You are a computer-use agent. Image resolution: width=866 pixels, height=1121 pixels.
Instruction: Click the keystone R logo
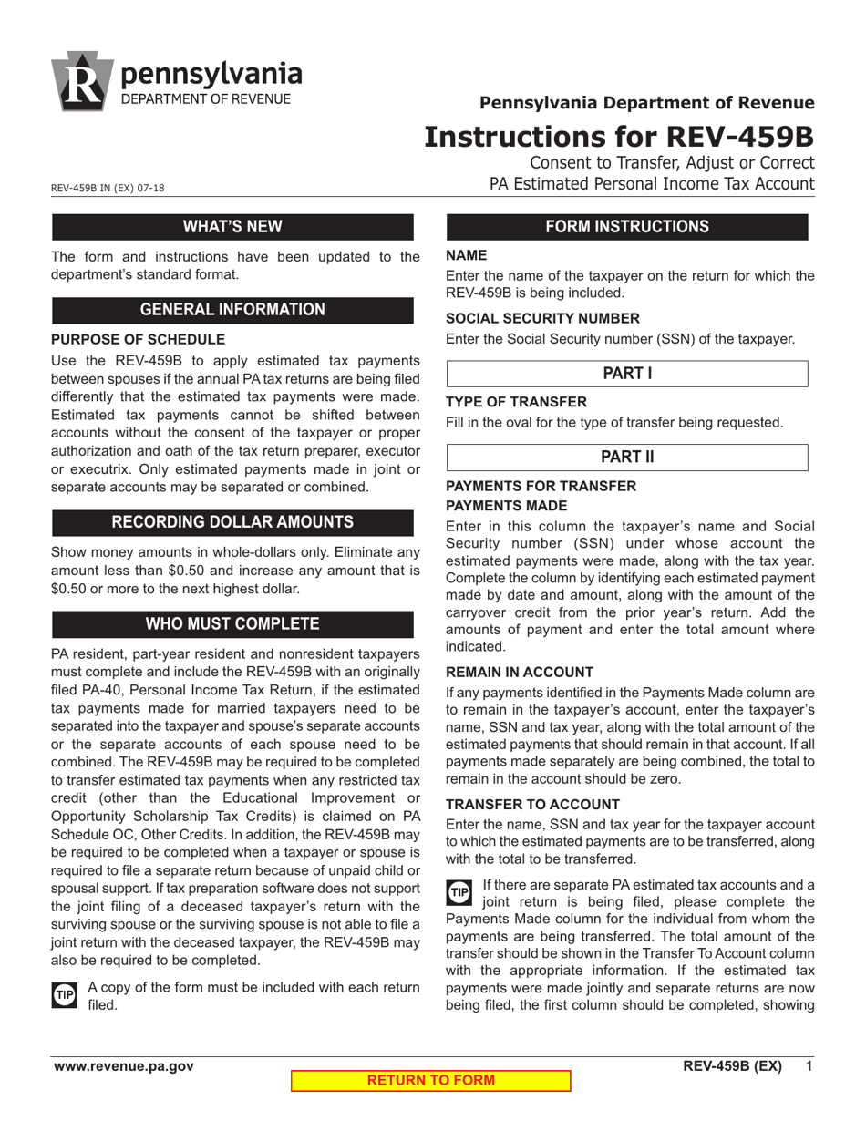click(83, 81)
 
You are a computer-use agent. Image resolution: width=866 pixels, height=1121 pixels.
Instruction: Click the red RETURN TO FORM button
click(430, 1081)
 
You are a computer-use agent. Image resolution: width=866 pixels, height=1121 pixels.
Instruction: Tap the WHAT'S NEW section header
click(232, 227)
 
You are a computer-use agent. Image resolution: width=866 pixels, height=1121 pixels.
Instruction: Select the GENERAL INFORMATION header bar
click(232, 310)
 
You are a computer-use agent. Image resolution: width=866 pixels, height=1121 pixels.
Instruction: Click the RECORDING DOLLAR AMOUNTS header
click(232, 522)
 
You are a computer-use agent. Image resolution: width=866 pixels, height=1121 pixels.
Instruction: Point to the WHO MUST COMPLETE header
click(232, 624)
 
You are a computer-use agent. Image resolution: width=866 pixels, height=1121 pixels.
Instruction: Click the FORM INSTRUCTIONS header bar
click(626, 227)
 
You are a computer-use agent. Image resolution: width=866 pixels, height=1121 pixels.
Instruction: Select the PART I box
click(626, 374)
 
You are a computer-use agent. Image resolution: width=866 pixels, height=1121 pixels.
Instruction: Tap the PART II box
click(626, 458)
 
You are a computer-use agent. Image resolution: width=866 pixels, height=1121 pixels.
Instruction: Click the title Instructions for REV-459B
click(619, 137)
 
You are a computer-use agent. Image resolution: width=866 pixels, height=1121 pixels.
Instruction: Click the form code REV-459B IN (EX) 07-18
click(108, 189)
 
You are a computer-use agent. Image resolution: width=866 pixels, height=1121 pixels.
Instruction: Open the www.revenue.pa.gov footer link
click(123, 1066)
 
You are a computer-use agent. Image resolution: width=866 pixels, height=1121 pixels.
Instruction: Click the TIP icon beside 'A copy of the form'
click(65, 994)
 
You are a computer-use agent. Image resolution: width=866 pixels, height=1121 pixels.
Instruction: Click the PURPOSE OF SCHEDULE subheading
click(138, 340)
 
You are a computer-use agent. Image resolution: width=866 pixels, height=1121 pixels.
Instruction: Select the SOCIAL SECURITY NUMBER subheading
click(542, 318)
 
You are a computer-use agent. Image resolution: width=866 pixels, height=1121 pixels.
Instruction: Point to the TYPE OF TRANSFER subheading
click(516, 402)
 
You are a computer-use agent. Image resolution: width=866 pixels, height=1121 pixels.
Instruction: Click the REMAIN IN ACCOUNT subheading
click(520, 672)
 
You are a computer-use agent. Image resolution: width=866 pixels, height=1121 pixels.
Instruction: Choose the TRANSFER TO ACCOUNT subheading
click(532, 805)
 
